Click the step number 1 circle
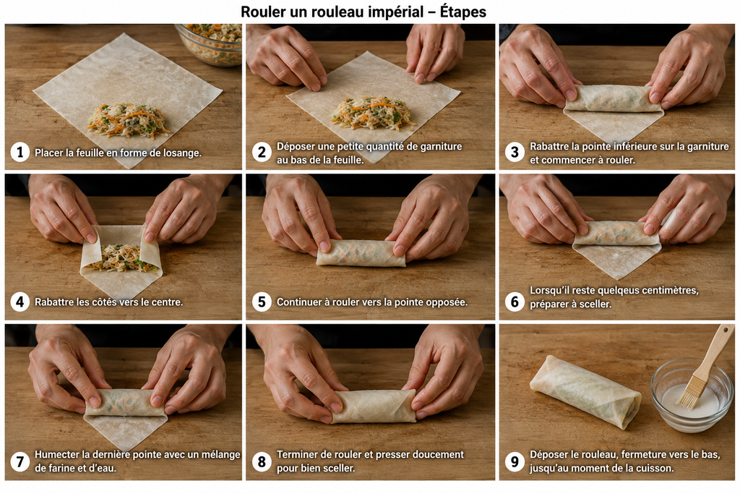pyautogui.click(x=20, y=153)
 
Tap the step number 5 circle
pyautogui.click(x=262, y=302)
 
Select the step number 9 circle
pyautogui.click(x=515, y=461)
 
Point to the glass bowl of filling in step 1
pyautogui.click(x=209, y=44)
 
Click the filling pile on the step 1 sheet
pyautogui.click(x=129, y=121)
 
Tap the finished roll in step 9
pyautogui.click(x=585, y=391)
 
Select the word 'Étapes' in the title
pyautogui.click(x=463, y=12)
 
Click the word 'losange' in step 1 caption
pyautogui.click(x=181, y=153)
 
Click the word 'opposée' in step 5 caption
pyautogui.click(x=447, y=302)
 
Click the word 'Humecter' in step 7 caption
pyautogui.click(x=56, y=454)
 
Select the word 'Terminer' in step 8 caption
pyautogui.click(x=297, y=454)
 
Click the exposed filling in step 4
pyautogui.click(x=121, y=258)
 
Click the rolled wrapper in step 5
pyautogui.click(x=361, y=252)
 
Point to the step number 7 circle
pyautogui.click(x=20, y=461)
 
